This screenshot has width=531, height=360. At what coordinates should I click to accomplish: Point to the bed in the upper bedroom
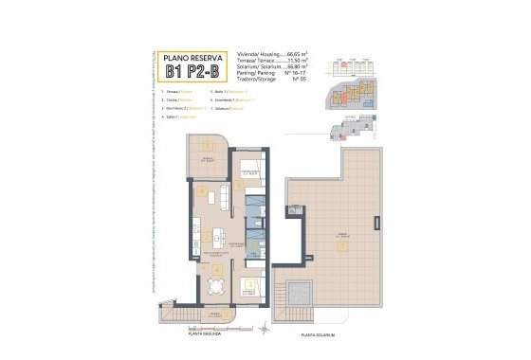click(x=248, y=170)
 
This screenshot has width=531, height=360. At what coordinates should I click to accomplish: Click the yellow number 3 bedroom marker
click(x=248, y=280)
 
